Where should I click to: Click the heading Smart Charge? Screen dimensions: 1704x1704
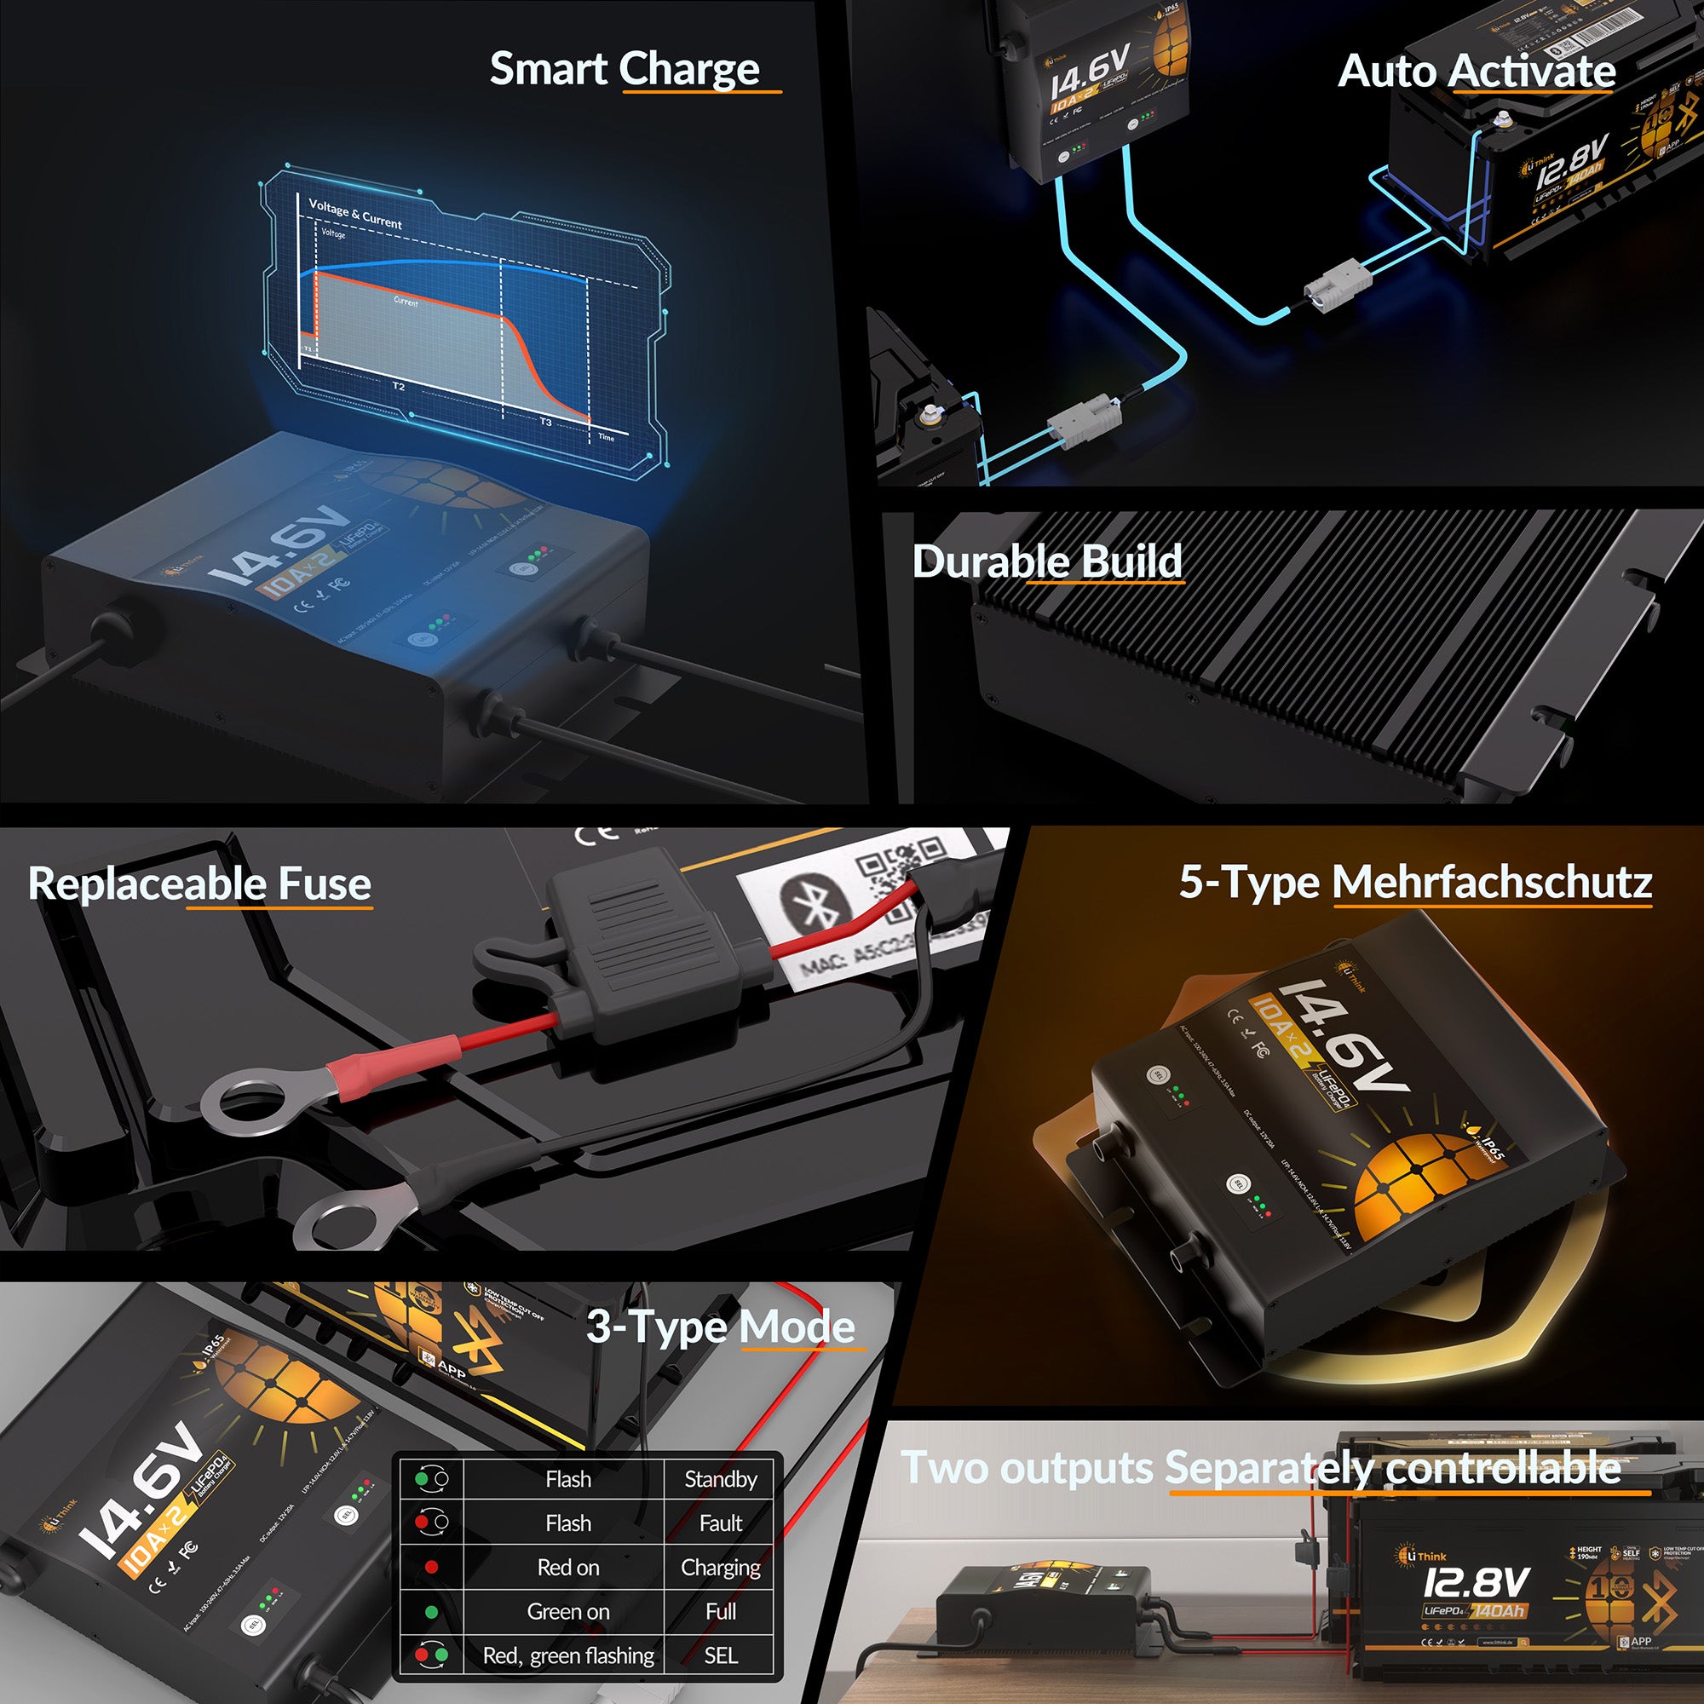tap(624, 69)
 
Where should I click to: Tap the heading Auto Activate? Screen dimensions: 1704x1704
tap(1477, 72)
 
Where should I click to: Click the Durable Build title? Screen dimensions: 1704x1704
tap(1046, 561)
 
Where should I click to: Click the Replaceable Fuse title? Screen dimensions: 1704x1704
tap(199, 884)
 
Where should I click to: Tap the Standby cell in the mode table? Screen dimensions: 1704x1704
tap(721, 1479)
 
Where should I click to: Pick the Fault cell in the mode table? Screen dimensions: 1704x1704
tap(721, 1523)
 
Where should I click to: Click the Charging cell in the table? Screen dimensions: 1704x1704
tap(721, 1568)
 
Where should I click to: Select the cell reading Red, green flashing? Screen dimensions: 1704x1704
tap(568, 1655)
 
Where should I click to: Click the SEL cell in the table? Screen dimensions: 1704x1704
tap(721, 1655)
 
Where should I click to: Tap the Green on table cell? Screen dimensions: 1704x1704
tap(568, 1611)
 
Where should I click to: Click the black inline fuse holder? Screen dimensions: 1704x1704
tap(644, 953)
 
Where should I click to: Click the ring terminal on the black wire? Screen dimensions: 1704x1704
tap(348, 1217)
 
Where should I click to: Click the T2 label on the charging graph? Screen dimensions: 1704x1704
tap(399, 386)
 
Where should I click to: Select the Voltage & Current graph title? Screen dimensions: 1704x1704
tap(354, 214)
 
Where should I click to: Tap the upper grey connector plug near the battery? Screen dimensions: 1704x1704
tap(1338, 284)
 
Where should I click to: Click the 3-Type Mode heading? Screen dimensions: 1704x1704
tap(720, 1327)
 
